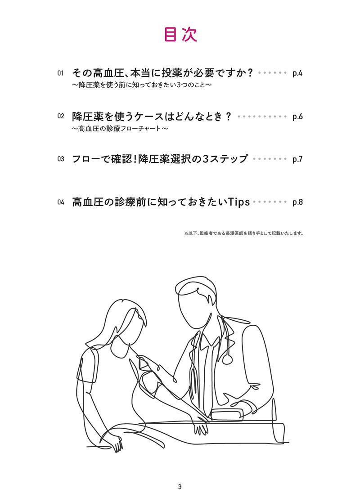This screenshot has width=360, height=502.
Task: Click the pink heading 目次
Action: [x=180, y=35]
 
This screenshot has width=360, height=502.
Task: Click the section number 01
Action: [x=62, y=73]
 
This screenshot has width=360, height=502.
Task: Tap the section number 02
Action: [x=62, y=117]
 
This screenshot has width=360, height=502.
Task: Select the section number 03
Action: [x=62, y=159]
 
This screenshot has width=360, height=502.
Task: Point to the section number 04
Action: [x=62, y=202]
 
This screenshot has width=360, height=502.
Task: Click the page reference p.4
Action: [x=297, y=73]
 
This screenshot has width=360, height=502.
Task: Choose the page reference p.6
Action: [x=297, y=117]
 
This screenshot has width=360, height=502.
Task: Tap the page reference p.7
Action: [x=297, y=159]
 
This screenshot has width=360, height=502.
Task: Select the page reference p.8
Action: [x=297, y=202]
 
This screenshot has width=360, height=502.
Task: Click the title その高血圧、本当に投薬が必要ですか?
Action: [x=163, y=73]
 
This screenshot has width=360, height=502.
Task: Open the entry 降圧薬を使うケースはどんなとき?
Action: [x=152, y=116]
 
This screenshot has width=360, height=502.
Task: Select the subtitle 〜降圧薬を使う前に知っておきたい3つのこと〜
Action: [x=141, y=85]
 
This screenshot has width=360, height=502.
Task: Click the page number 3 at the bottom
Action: [x=180, y=487]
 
